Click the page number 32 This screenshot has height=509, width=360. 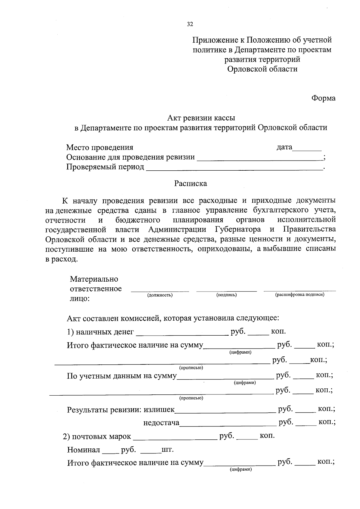tap(190, 24)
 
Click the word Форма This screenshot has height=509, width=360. tap(323, 98)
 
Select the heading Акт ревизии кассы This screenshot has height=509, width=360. tap(201, 118)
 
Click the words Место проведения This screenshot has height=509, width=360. tap(100, 147)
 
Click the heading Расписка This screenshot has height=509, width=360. tap(190, 183)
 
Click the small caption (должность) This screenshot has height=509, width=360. tap(160, 295)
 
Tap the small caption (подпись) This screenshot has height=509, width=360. tap(226, 295)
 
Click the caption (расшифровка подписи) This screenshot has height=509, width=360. tap(300, 295)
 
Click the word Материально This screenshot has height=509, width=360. tap(94, 279)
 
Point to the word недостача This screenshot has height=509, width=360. tap(161, 423)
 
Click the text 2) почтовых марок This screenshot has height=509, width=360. tap(97, 436)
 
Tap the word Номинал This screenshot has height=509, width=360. tap(83, 450)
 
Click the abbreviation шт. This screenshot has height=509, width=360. tap(167, 450)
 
